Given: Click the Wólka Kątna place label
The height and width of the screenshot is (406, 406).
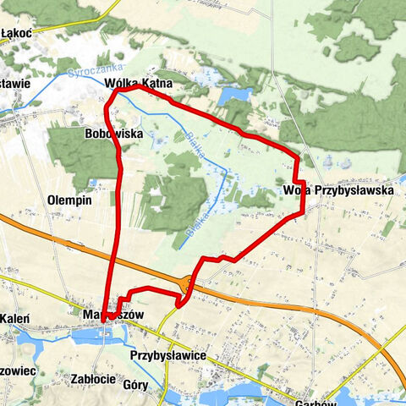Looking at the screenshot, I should coord(140,84).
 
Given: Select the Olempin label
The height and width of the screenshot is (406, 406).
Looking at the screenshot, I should coord(70,200).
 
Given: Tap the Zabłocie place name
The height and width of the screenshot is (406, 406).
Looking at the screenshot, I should coord(93,378).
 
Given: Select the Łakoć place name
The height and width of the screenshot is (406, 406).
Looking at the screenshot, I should coord(17,32).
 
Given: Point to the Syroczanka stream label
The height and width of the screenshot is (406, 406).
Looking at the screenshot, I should coord(97,67).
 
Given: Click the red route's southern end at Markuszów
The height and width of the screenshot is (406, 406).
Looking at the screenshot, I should coord(103,321).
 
